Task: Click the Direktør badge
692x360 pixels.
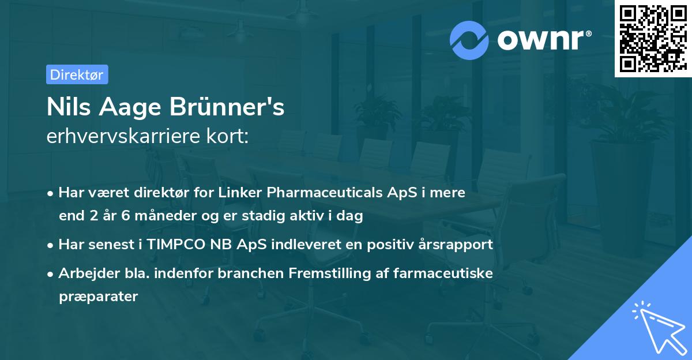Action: pyautogui.click(x=77, y=74)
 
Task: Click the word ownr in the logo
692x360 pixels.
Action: pyautogui.click(x=540, y=40)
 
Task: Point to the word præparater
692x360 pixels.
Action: pyautogui.click(x=98, y=297)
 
